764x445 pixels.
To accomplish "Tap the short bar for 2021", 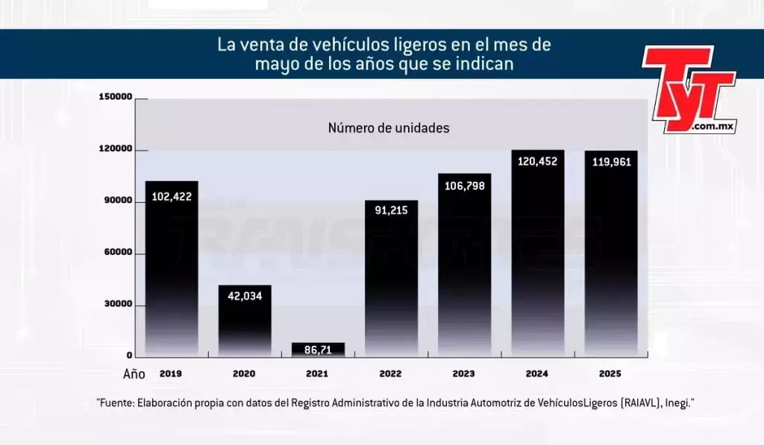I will click(318, 350).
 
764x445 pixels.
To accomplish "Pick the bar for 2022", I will click(391, 283).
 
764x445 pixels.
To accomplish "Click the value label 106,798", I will click(464, 186).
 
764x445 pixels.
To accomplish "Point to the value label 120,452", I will click(537, 161).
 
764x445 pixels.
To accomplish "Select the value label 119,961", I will click(610, 162).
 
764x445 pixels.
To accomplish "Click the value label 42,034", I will click(244, 296).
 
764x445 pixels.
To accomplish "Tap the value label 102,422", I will click(172, 197).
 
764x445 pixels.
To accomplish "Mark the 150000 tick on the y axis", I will click(115, 98).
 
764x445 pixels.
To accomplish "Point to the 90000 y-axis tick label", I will click(118, 201).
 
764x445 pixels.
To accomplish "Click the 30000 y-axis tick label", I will click(118, 305).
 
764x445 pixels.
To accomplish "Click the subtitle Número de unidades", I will click(389, 128).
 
